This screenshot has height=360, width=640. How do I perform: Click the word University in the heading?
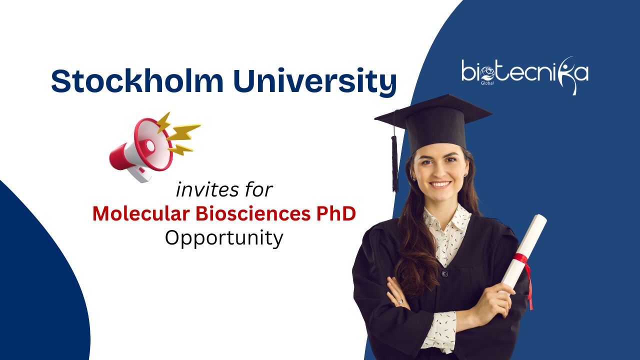pos(315,81)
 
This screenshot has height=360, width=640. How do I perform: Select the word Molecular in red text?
pos(141,213)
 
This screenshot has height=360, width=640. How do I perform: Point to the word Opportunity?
pos(224,238)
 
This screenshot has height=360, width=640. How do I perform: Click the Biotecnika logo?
pos(525,75)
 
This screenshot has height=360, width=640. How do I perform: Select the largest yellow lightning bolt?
pos(183,132)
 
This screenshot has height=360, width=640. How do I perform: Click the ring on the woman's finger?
pos(400,301)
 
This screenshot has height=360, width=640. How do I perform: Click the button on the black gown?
pos(444,274)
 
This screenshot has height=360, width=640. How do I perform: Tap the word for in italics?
pos(259,189)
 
